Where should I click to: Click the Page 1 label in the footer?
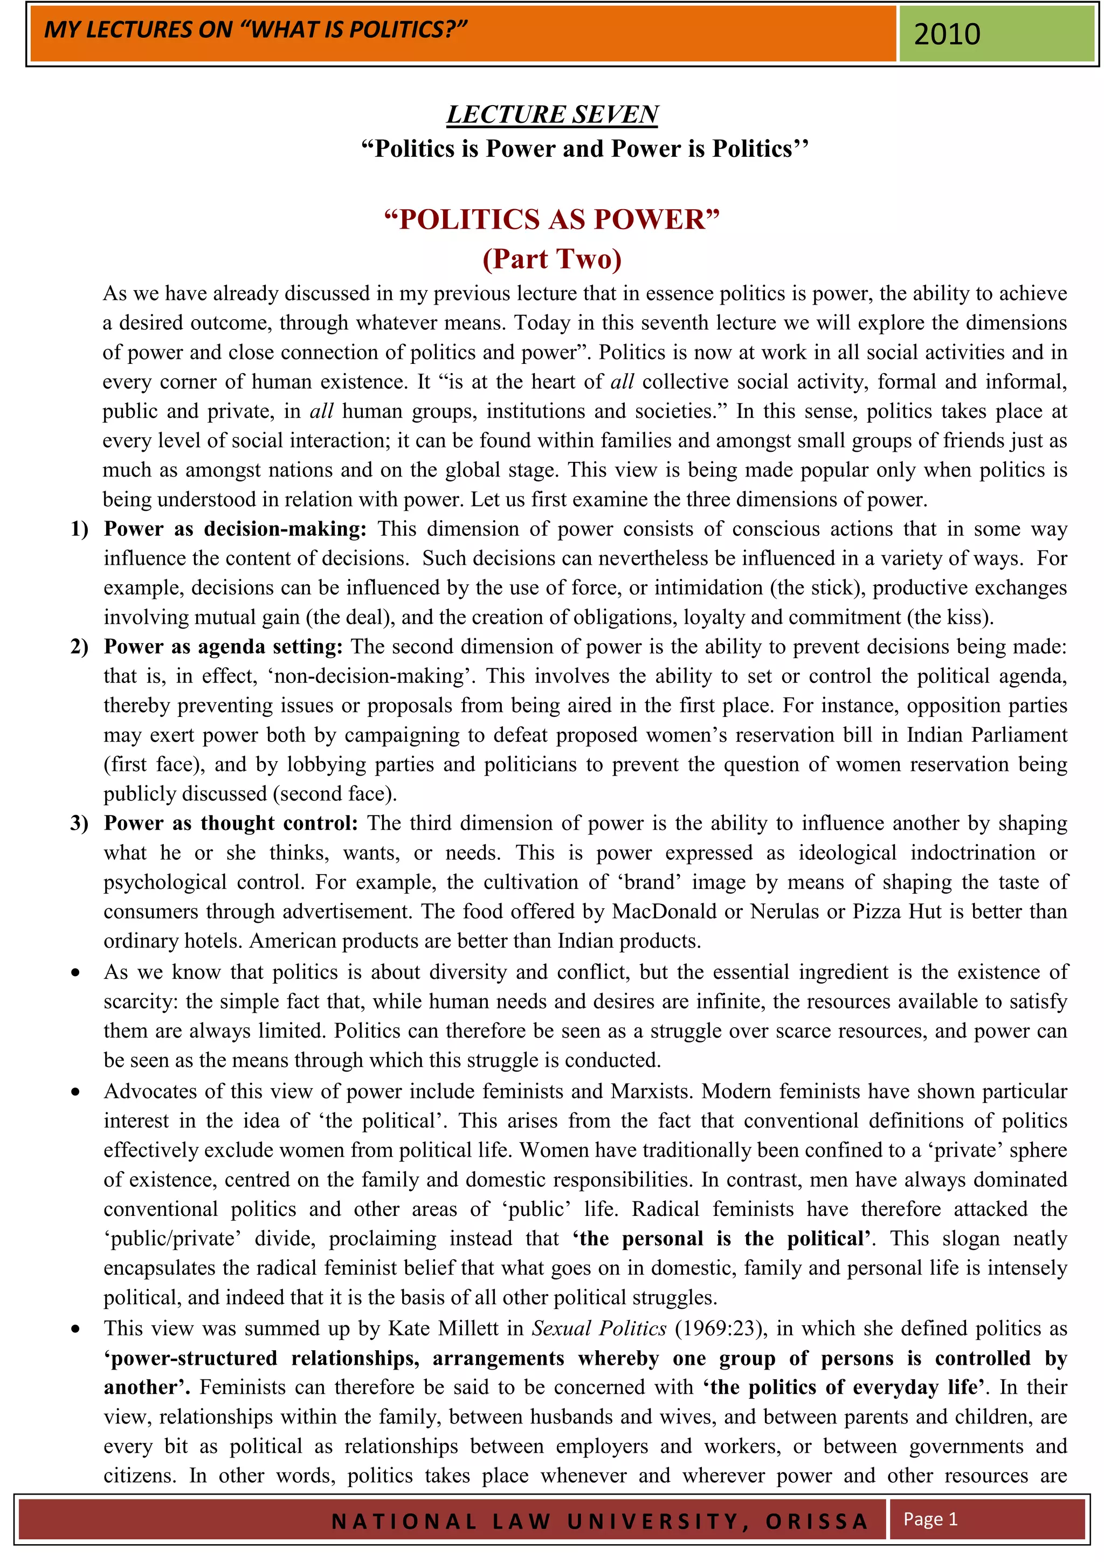click(930, 1518)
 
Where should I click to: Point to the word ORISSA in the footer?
click(816, 1521)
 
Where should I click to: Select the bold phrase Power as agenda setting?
click(223, 646)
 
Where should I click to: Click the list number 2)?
click(79, 646)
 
